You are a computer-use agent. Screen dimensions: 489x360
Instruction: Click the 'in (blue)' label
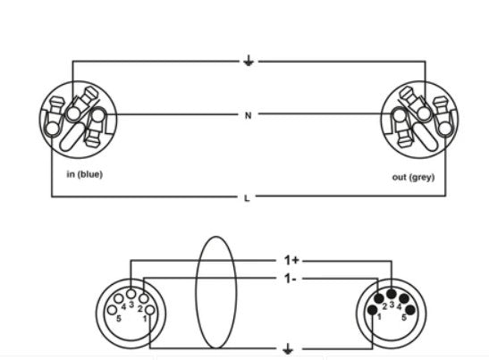tap(85, 174)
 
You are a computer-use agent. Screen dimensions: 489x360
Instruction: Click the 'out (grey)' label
tap(413, 177)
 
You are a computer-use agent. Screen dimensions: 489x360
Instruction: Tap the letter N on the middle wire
tap(248, 115)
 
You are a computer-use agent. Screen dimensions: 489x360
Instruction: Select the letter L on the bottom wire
tap(247, 198)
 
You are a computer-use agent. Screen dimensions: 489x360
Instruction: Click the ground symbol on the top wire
tap(249, 60)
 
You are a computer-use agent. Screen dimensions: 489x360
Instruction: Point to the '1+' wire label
tap(291, 260)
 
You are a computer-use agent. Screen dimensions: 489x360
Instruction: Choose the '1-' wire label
tap(290, 279)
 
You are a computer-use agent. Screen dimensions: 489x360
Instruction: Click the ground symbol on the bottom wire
tap(288, 349)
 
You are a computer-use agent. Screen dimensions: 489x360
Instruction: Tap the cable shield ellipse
tap(196, 292)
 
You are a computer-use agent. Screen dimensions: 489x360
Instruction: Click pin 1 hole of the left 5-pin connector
tap(150, 310)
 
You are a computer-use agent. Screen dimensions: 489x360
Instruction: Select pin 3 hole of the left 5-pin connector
tap(131, 294)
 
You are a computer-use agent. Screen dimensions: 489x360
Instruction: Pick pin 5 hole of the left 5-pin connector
tap(112, 310)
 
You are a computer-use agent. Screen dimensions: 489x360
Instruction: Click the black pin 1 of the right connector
tap(373, 310)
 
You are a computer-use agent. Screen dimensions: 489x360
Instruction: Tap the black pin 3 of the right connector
tap(392, 294)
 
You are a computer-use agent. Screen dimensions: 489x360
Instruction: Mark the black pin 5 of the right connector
tap(410, 310)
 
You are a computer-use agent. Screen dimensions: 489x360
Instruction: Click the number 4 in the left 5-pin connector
tap(123, 307)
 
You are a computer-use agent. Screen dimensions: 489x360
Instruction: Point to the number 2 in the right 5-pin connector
tap(384, 306)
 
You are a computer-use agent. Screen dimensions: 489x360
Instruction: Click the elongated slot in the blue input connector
tap(72, 136)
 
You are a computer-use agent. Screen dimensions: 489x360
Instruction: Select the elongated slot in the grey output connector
tap(425, 136)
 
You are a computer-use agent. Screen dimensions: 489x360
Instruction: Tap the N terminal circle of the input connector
tap(98, 115)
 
